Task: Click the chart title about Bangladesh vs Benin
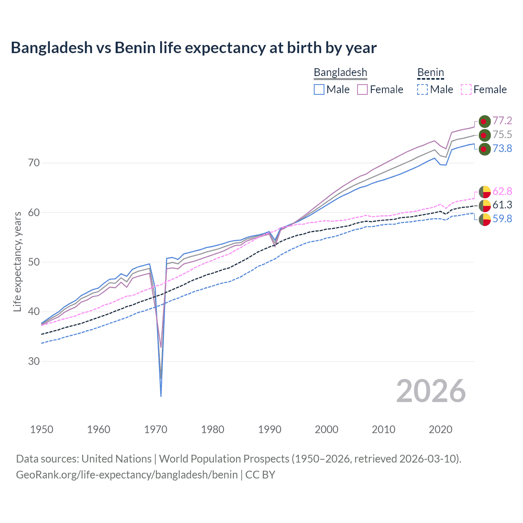pos(194,48)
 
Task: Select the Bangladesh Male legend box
pos(319,89)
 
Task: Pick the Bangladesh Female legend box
pos(362,89)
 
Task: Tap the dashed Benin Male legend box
pos(422,89)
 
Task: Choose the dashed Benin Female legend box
pos(466,89)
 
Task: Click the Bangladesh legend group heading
pos(340,72)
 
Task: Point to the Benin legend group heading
pos(430,72)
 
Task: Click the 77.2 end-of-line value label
pos(502,121)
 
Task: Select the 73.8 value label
pos(502,148)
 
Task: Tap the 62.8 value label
pos(502,191)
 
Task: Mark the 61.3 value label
pos(502,205)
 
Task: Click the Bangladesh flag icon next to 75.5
pos(485,135)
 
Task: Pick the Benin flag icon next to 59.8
pos(485,219)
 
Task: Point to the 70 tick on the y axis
pos(34,163)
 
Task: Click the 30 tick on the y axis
pos(34,362)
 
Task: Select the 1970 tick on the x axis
pos(156,429)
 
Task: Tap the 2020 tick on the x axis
pos(440,429)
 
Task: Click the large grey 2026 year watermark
pos(431,391)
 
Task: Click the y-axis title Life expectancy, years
pos(17,261)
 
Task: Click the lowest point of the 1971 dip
pos(161,396)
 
